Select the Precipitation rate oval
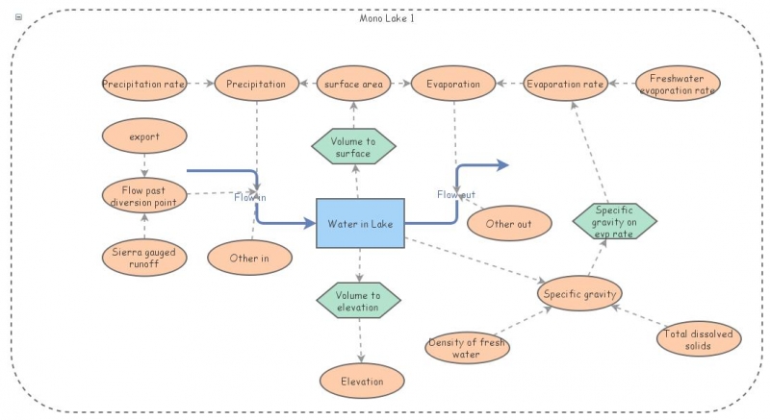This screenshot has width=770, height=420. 143,85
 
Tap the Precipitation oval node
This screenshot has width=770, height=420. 256,85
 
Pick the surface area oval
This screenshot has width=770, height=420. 353,85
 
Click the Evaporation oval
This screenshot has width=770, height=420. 452,85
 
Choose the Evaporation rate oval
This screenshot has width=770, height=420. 565,85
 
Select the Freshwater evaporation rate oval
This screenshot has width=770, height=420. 678,85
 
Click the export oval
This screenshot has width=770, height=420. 143,136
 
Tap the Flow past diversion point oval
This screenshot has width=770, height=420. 143,195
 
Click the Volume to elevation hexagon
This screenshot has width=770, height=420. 359,302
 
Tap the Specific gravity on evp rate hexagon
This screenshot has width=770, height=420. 614,222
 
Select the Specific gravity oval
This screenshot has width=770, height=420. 580,292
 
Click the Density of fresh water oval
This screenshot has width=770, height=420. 467,348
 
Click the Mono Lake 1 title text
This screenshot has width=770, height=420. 386,18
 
